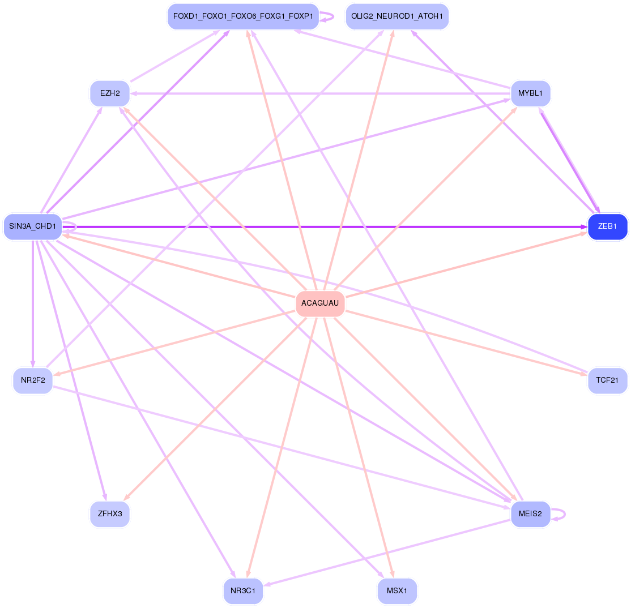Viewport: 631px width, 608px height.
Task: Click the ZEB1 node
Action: pyautogui.click(x=607, y=226)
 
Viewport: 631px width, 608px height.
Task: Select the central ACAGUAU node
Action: pyautogui.click(x=320, y=303)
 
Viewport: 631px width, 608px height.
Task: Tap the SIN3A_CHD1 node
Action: pyautogui.click(x=32, y=226)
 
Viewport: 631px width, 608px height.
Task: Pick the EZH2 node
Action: pyautogui.click(x=110, y=93)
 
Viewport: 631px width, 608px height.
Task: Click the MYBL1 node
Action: pyautogui.click(x=530, y=93)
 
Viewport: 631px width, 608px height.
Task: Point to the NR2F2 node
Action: pyautogui.click(x=33, y=380)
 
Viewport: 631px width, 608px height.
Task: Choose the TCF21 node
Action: pyautogui.click(x=607, y=380)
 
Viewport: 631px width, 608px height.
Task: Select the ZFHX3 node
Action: pyautogui.click(x=110, y=514)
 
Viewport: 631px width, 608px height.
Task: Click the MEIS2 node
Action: pyautogui.click(x=530, y=514)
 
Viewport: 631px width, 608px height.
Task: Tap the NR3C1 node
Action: pyautogui.click(x=243, y=591)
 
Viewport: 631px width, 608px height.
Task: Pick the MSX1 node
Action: pyautogui.click(x=397, y=591)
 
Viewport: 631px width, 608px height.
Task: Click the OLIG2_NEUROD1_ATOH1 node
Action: pyautogui.click(x=397, y=16)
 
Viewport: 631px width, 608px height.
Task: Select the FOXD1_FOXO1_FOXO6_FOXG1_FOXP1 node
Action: pyautogui.click(x=243, y=16)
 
